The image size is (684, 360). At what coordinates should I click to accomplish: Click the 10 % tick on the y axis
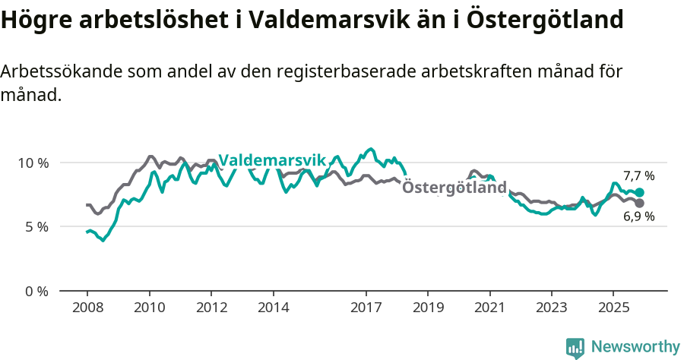[34, 163]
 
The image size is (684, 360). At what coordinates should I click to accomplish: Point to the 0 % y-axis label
[37, 291]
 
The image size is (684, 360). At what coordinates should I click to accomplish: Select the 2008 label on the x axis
[87, 308]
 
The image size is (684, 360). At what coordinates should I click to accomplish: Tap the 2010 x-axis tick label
[150, 308]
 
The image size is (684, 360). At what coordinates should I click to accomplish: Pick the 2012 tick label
[212, 308]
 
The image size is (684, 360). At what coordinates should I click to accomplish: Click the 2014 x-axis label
[274, 308]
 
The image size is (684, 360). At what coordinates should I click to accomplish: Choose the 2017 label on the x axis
[366, 308]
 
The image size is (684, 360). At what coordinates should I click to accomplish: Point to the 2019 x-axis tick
[428, 308]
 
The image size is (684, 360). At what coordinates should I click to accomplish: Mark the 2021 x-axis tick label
[490, 308]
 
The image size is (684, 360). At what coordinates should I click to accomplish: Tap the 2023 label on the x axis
[552, 308]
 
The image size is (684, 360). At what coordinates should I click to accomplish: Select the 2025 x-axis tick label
[613, 308]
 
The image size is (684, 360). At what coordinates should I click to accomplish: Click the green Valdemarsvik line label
[272, 160]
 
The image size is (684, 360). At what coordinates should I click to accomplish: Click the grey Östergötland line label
[454, 188]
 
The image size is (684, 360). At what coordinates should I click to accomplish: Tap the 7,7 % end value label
[639, 176]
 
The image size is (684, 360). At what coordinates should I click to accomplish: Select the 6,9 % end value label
[639, 216]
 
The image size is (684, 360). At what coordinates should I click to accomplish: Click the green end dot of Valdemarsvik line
[640, 193]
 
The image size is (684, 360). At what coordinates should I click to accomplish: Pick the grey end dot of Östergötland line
[640, 204]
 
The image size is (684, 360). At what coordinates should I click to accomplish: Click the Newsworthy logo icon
[575, 347]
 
